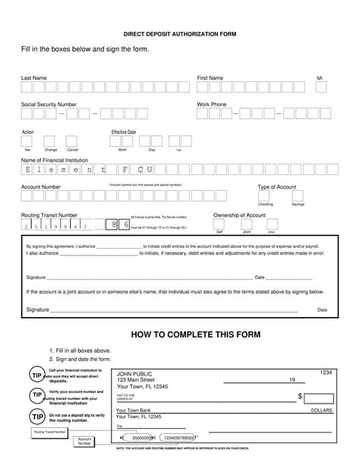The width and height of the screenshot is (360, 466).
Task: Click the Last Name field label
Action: (35, 78)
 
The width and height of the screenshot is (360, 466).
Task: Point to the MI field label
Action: (320, 78)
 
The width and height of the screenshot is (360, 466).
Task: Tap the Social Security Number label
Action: (49, 103)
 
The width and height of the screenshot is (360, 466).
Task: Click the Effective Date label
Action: (124, 132)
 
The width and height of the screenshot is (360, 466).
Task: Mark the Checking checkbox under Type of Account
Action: (266, 196)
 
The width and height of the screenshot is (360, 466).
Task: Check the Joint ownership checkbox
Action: (247, 225)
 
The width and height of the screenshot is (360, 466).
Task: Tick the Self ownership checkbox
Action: (220, 225)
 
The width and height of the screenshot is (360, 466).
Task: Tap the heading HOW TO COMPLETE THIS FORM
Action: (196, 334)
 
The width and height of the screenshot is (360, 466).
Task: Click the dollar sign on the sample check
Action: (300, 397)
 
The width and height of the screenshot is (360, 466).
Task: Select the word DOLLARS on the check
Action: (321, 410)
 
